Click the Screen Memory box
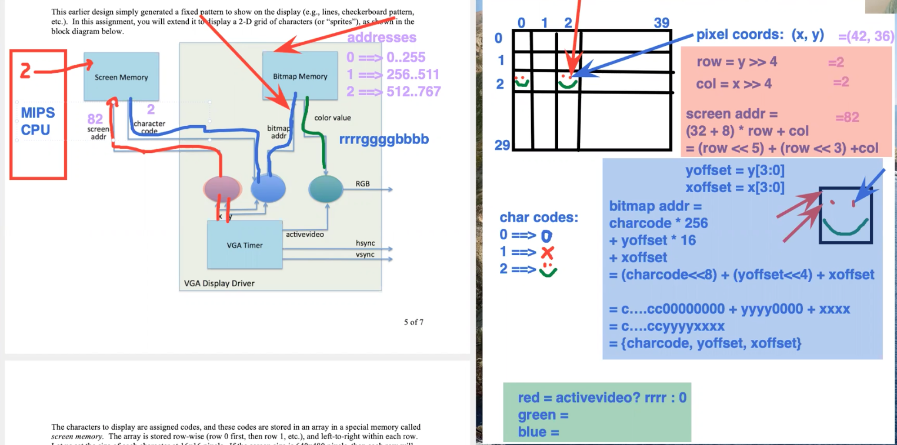click(121, 76)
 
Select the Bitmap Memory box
click(300, 76)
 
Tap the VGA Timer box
click(245, 245)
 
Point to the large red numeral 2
click(25, 72)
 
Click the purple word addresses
click(382, 38)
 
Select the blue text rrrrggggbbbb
click(384, 140)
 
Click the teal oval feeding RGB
click(325, 189)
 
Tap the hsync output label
click(365, 243)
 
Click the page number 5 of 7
click(414, 322)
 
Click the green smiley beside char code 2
click(548, 270)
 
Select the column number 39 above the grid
click(662, 23)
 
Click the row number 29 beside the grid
click(502, 145)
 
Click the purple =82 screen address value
click(847, 118)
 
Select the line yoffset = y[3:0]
click(726, 170)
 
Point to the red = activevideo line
click(602, 398)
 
